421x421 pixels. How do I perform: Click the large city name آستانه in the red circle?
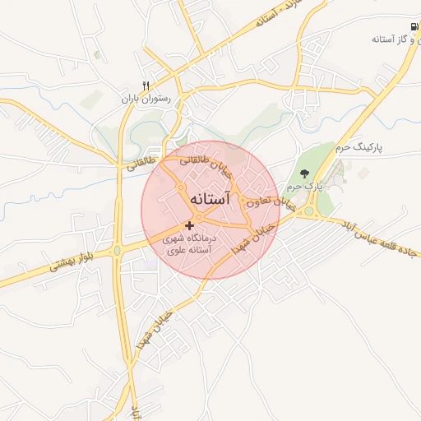click(x=201, y=200)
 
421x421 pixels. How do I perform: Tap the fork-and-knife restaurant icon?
click(x=146, y=85)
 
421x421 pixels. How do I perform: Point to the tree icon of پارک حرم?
click(x=305, y=173)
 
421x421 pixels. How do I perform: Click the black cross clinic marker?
click(x=190, y=224)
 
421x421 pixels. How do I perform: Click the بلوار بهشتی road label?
click(x=75, y=257)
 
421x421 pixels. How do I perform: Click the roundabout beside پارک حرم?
click(x=310, y=210)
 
